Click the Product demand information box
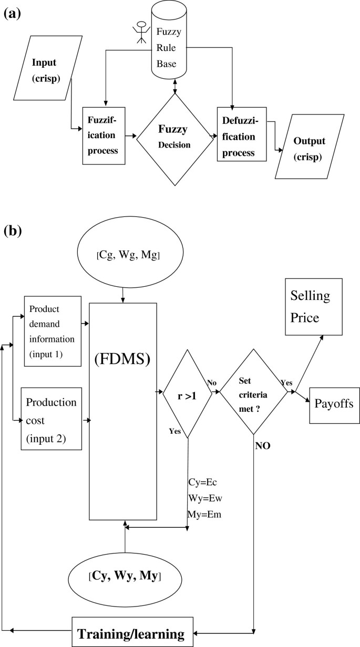point(53,331)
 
